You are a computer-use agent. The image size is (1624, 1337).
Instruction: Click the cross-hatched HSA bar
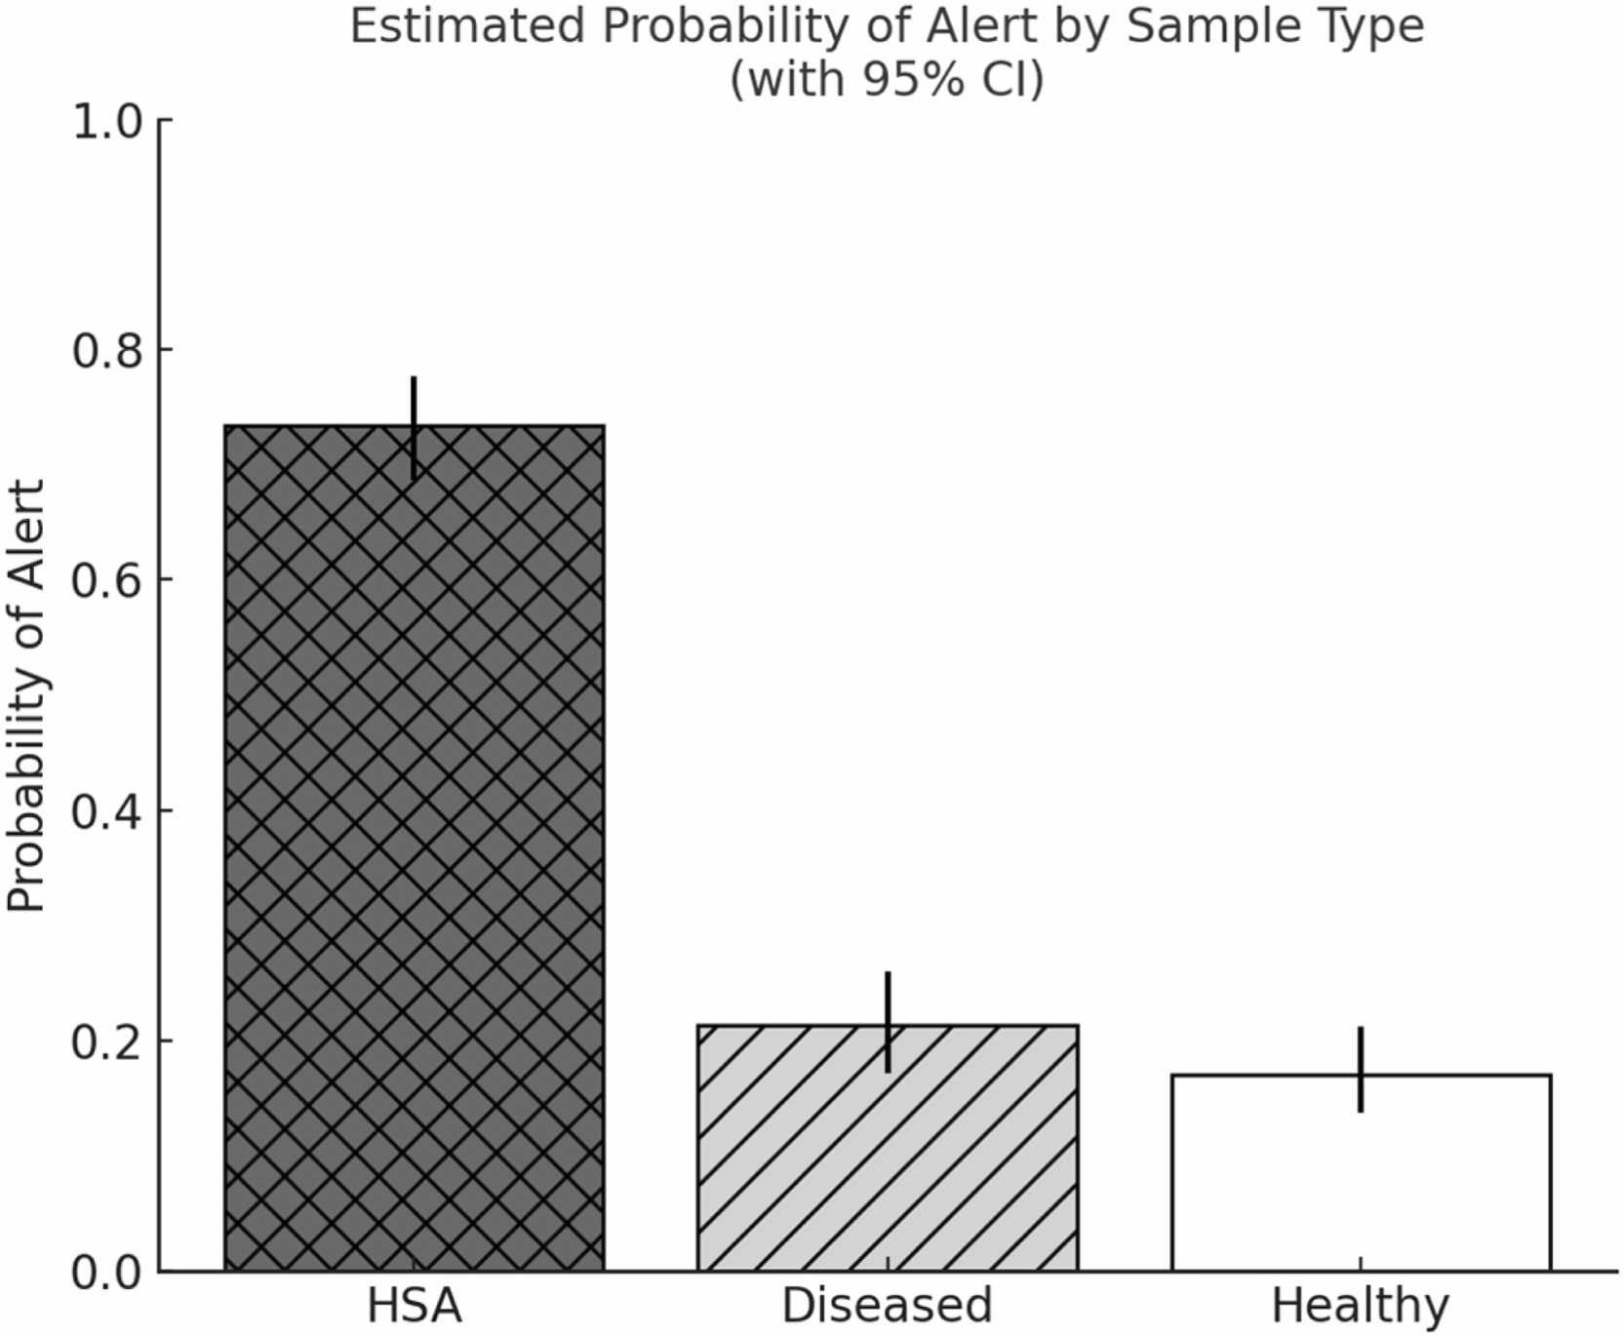[x=415, y=848]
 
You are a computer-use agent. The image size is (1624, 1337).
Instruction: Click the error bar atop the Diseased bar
[x=888, y=1022]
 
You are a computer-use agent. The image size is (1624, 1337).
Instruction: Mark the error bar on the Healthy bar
[x=1361, y=1069]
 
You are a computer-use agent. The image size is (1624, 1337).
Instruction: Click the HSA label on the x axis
[x=415, y=1306]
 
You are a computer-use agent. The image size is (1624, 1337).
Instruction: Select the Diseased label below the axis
[x=887, y=1306]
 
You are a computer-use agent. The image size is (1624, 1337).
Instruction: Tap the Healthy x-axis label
[x=1361, y=1306]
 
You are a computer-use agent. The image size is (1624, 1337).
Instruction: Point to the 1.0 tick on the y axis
[x=107, y=122]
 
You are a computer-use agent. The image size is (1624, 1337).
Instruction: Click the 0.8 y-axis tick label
[x=107, y=351]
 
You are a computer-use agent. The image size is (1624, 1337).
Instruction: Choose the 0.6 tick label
[x=107, y=580]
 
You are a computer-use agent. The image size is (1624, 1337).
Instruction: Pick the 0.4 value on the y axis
[x=107, y=811]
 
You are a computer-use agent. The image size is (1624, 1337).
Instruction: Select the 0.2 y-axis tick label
[x=107, y=1042]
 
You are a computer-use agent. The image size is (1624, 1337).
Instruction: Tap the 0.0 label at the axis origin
[x=107, y=1272]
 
